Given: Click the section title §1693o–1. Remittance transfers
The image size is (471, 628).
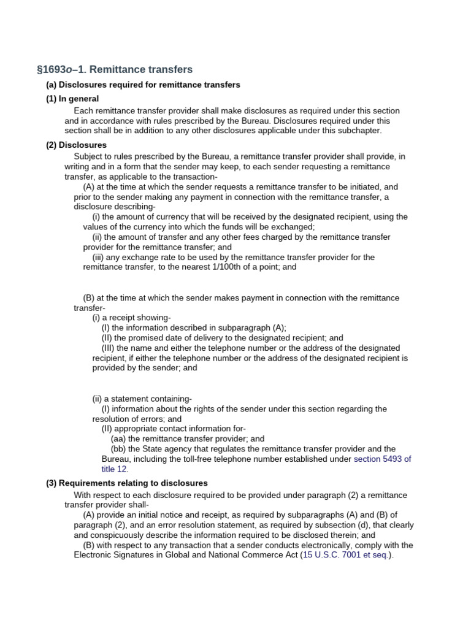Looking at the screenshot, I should click(x=115, y=69).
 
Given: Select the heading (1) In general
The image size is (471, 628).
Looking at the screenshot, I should click(x=72, y=99).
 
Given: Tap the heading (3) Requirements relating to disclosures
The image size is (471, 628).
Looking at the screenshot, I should click(x=127, y=483).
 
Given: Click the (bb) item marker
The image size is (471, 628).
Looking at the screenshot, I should click(x=118, y=449).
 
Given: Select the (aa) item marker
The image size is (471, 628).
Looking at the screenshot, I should click(x=118, y=439).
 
